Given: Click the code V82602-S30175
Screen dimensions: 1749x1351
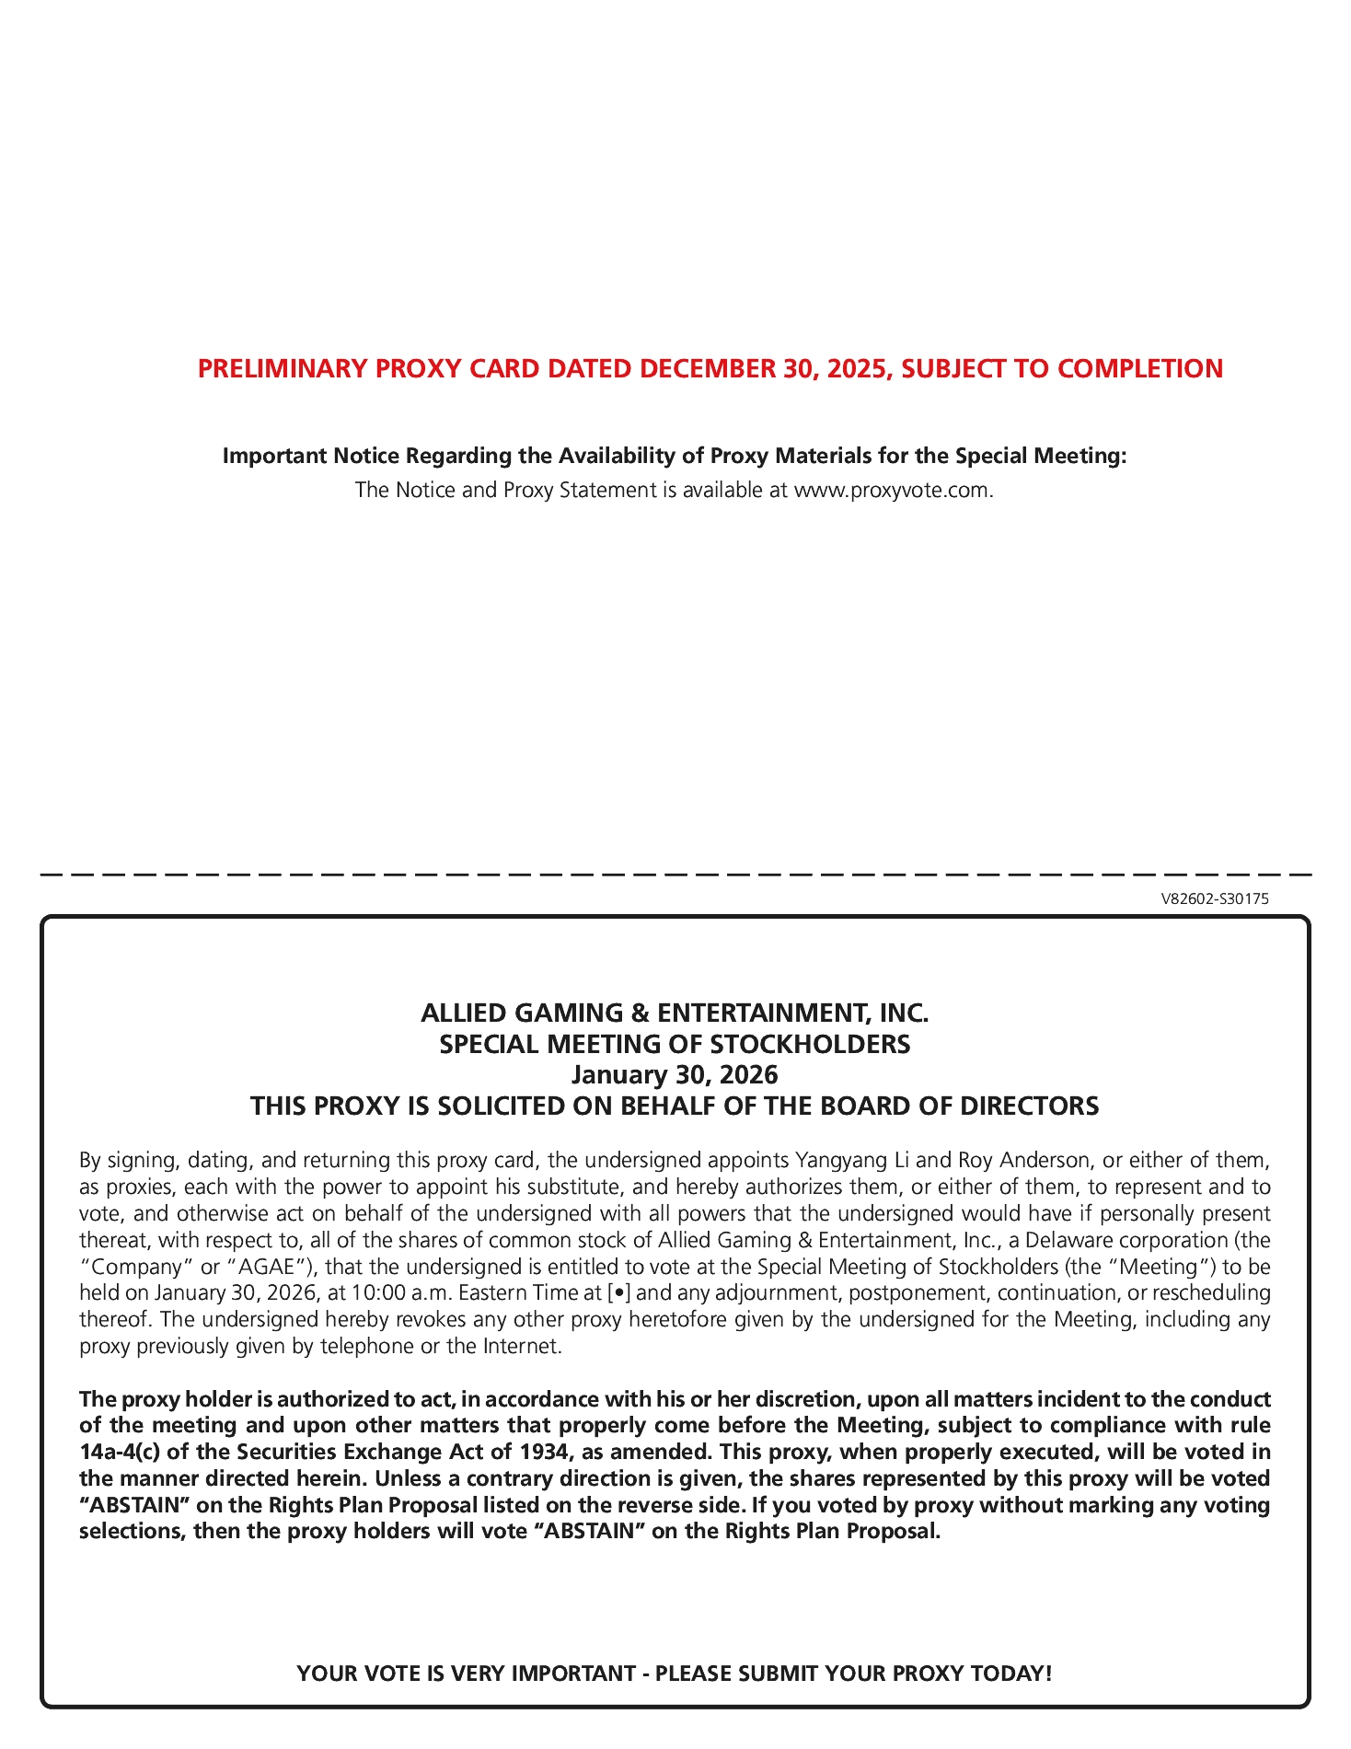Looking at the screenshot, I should point(1214,899).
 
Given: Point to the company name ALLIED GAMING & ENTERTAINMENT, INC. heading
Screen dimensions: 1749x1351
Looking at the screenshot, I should point(675,1013).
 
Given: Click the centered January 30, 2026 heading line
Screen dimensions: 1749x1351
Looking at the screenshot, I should point(675,1075).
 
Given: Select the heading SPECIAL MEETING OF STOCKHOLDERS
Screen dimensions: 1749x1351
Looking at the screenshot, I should point(675,1045).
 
